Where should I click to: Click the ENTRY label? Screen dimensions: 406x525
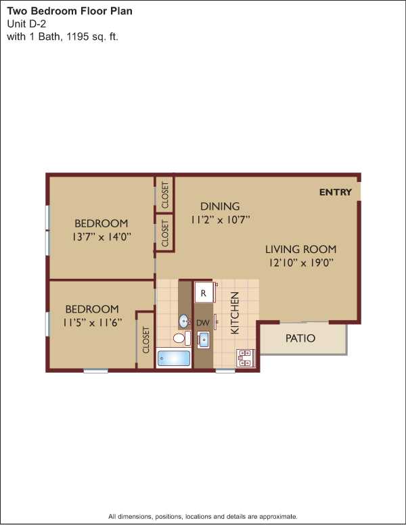pos(336,192)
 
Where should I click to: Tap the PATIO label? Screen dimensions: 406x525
pos(300,338)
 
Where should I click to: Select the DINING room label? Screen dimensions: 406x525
pos(220,206)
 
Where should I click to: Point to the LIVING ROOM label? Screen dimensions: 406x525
pos(301,250)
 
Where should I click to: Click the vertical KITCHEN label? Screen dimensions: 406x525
pos(235,313)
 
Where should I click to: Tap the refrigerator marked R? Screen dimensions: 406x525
pos(204,293)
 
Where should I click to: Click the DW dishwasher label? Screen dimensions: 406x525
pos(203,323)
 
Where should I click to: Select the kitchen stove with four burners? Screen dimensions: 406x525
pos(246,358)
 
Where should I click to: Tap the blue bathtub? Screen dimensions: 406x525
pos(173,358)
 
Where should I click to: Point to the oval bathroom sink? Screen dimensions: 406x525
pos(184,321)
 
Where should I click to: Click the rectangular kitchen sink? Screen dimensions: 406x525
pos(203,340)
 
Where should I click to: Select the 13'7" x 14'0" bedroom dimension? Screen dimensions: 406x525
pos(101,237)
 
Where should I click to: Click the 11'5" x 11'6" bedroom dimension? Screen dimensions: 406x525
pos(92,323)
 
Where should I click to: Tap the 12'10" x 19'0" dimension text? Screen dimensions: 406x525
pos(301,262)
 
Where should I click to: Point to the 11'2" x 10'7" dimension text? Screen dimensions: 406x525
pos(221,220)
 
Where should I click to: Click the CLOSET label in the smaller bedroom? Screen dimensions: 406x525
pos(145,340)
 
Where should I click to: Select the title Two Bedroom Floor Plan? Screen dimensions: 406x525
pos(70,11)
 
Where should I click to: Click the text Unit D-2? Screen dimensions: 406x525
pos(26,24)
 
